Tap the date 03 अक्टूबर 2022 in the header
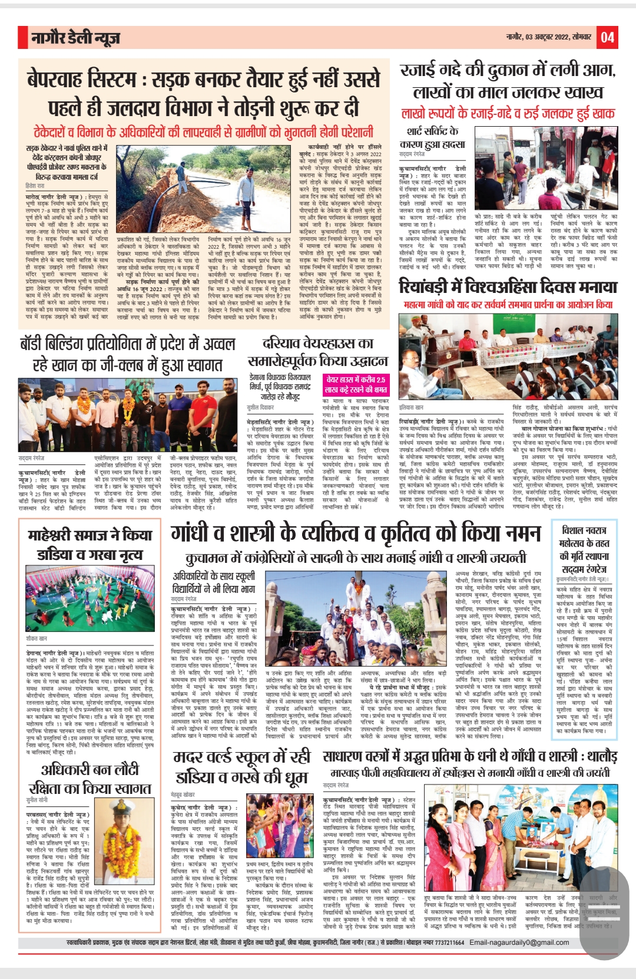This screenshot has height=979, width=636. coord(548,38)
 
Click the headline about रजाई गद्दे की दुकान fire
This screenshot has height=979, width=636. coord(508,81)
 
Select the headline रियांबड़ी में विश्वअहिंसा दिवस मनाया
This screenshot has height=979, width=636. coord(508,287)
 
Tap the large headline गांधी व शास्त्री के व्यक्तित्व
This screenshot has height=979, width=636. coord(355,533)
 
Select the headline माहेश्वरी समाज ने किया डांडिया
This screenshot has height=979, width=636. coord(90,545)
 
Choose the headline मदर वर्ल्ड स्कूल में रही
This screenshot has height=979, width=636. coord(241,767)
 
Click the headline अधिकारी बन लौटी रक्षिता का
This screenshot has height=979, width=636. coord(90,779)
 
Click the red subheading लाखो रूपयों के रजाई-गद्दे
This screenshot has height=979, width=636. coord(508,114)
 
